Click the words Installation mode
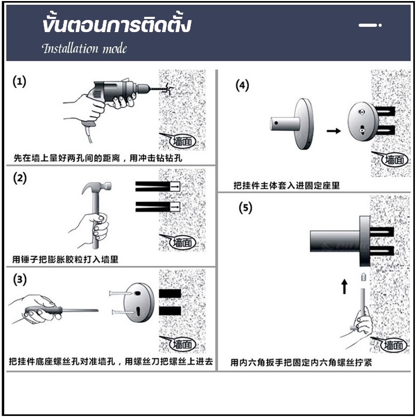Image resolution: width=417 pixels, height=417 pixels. (x=84, y=49)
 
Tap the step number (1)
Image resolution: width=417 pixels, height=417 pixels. (x=20, y=81)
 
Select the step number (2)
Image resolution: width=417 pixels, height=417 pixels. (x=20, y=178)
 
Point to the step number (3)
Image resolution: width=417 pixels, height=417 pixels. (x=20, y=279)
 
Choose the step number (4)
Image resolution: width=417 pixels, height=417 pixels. (x=243, y=85)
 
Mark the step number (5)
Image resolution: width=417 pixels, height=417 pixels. (x=245, y=208)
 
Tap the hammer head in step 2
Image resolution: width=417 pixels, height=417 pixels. (x=96, y=187)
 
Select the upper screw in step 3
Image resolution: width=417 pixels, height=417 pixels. (x=121, y=293)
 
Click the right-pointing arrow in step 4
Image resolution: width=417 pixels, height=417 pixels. (x=334, y=131)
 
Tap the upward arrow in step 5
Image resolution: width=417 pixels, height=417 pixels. (x=344, y=286)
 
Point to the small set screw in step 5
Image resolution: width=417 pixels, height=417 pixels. (x=363, y=277)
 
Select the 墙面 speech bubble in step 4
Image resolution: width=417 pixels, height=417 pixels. (x=391, y=159)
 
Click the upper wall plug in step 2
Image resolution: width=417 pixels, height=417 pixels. (x=158, y=187)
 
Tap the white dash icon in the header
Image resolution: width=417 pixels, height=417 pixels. (x=370, y=25)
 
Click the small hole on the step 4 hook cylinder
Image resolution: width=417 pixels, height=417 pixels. (x=276, y=123)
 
